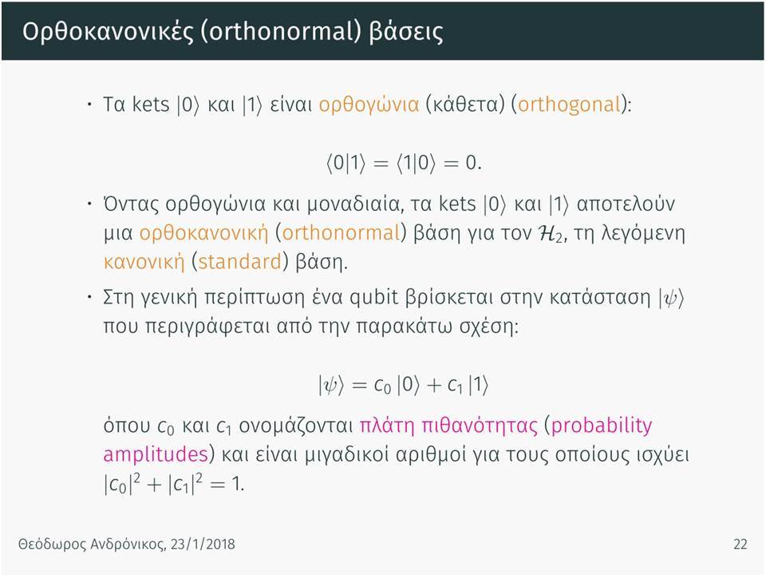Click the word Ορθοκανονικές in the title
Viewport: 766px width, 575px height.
click(x=108, y=32)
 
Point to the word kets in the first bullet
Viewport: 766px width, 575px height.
click(x=151, y=105)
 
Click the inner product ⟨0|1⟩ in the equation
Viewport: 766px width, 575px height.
click(x=345, y=163)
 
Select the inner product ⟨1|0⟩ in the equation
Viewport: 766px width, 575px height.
click(x=416, y=163)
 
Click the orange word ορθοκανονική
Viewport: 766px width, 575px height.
click(x=203, y=233)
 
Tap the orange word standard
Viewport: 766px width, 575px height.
click(x=240, y=262)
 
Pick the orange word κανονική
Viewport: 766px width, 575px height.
click(x=144, y=263)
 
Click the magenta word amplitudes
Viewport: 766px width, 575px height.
click(x=156, y=455)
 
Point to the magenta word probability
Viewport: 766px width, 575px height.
click(x=602, y=426)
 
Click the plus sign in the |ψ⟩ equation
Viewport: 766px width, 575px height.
click(x=434, y=386)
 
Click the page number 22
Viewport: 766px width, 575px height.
click(x=740, y=544)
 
